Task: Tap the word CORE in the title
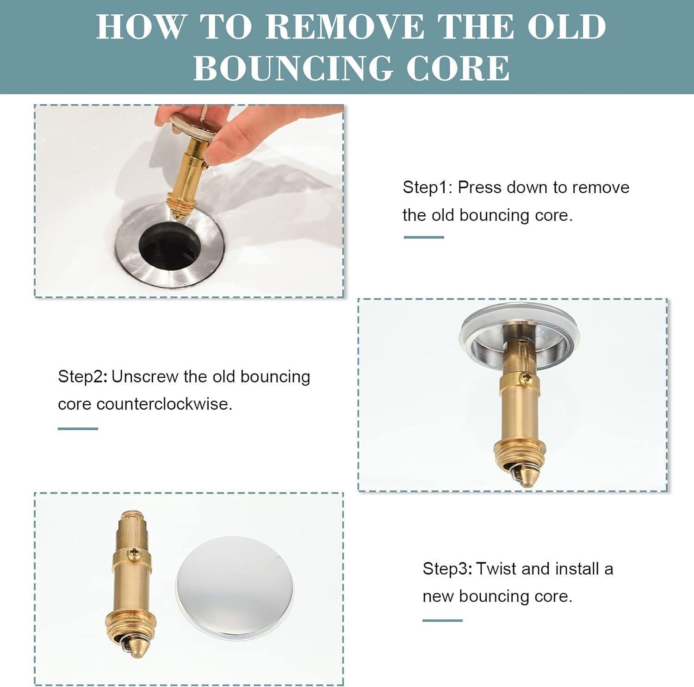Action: click(x=458, y=68)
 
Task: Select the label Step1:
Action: click(x=428, y=188)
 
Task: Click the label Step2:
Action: click(x=83, y=377)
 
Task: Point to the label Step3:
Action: click(x=448, y=568)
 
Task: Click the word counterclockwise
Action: click(x=164, y=404)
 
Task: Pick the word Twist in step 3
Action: click(x=496, y=568)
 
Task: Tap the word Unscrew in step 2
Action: click(x=145, y=377)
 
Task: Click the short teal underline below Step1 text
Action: click(x=424, y=237)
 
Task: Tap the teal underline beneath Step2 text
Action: click(x=78, y=428)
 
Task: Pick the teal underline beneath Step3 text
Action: click(x=443, y=620)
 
